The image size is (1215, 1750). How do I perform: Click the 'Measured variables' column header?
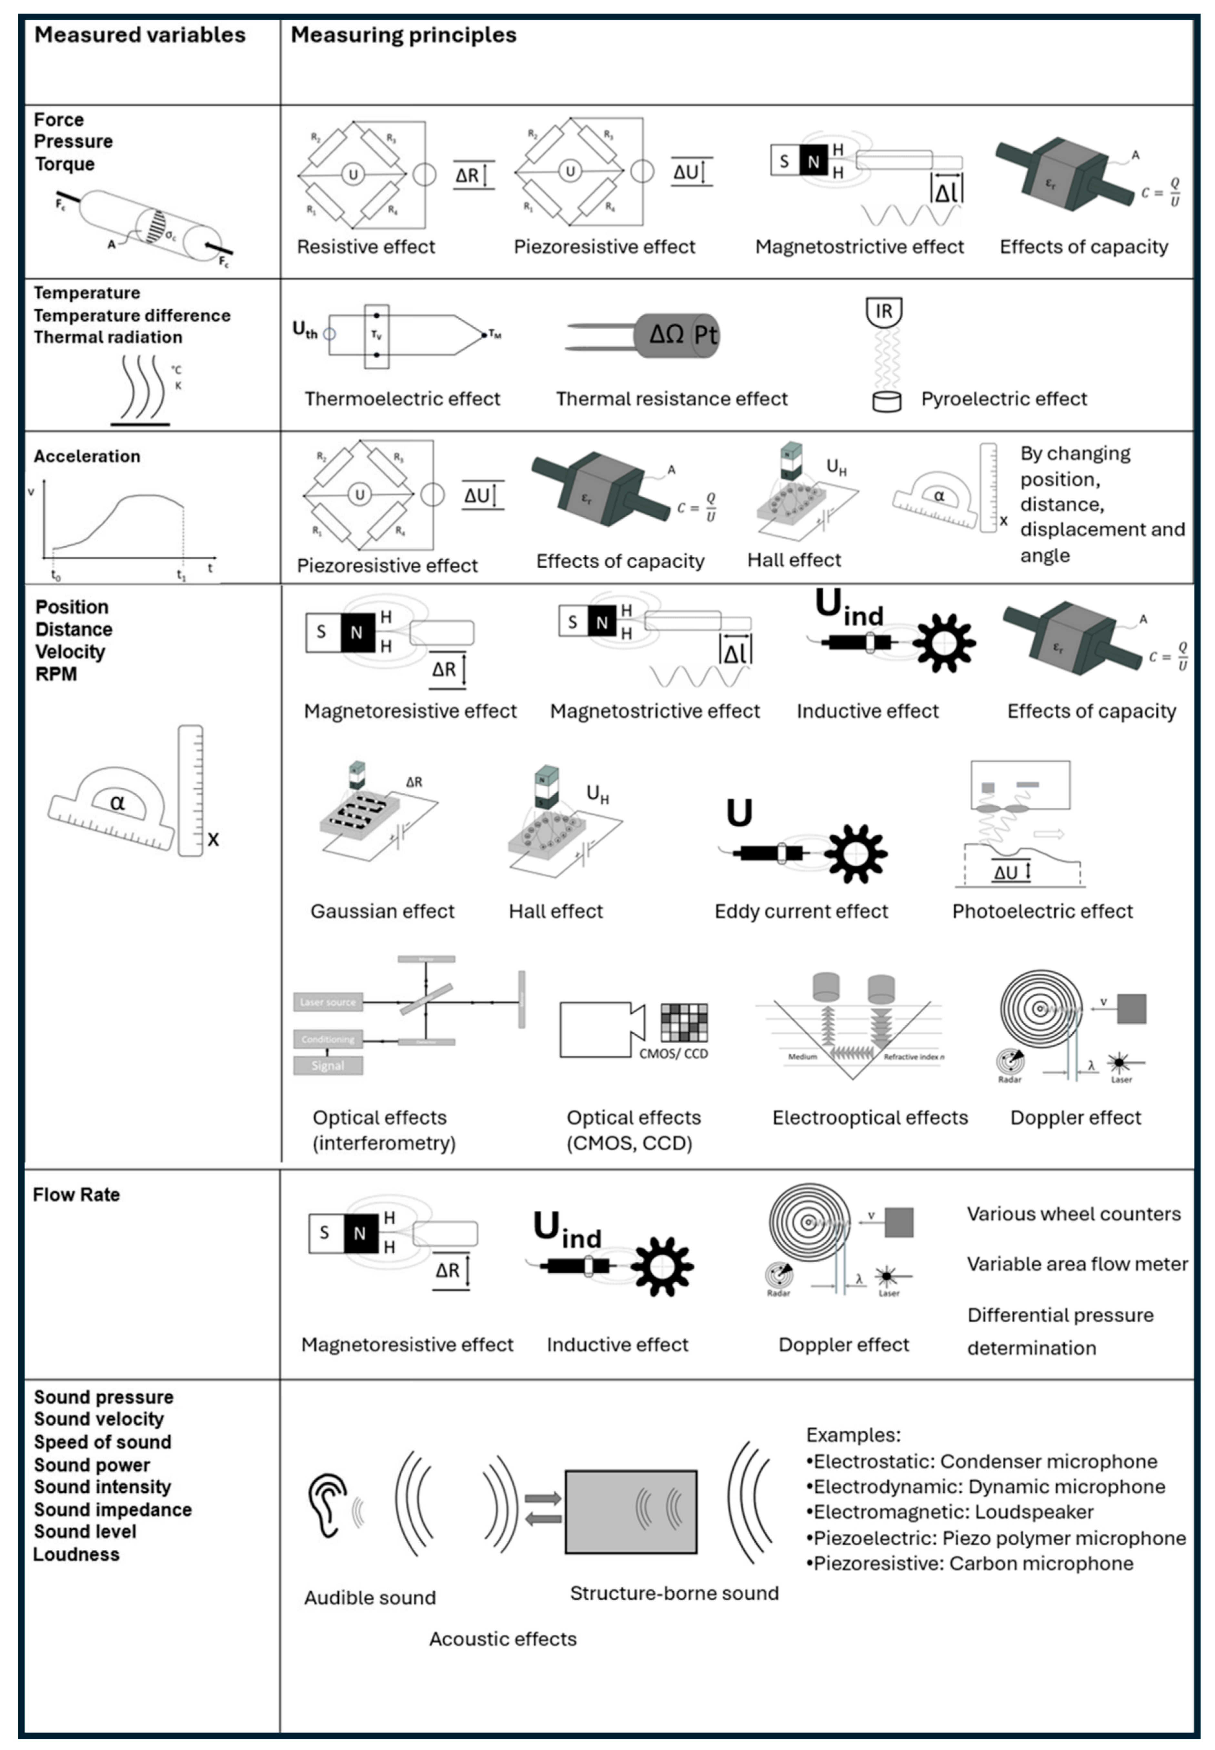point(140,35)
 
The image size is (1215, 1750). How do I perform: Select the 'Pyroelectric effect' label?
point(1003,399)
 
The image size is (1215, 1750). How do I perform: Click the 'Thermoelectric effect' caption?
point(402,399)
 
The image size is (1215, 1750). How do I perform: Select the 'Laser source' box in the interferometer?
point(327,1002)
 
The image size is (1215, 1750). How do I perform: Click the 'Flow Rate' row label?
point(76,1195)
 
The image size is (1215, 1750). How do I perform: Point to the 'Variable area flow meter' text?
point(1077,1264)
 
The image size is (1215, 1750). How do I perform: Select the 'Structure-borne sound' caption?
point(674,1593)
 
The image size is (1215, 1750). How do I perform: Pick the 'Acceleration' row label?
point(87,456)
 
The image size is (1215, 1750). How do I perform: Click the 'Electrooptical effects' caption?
point(869,1118)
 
